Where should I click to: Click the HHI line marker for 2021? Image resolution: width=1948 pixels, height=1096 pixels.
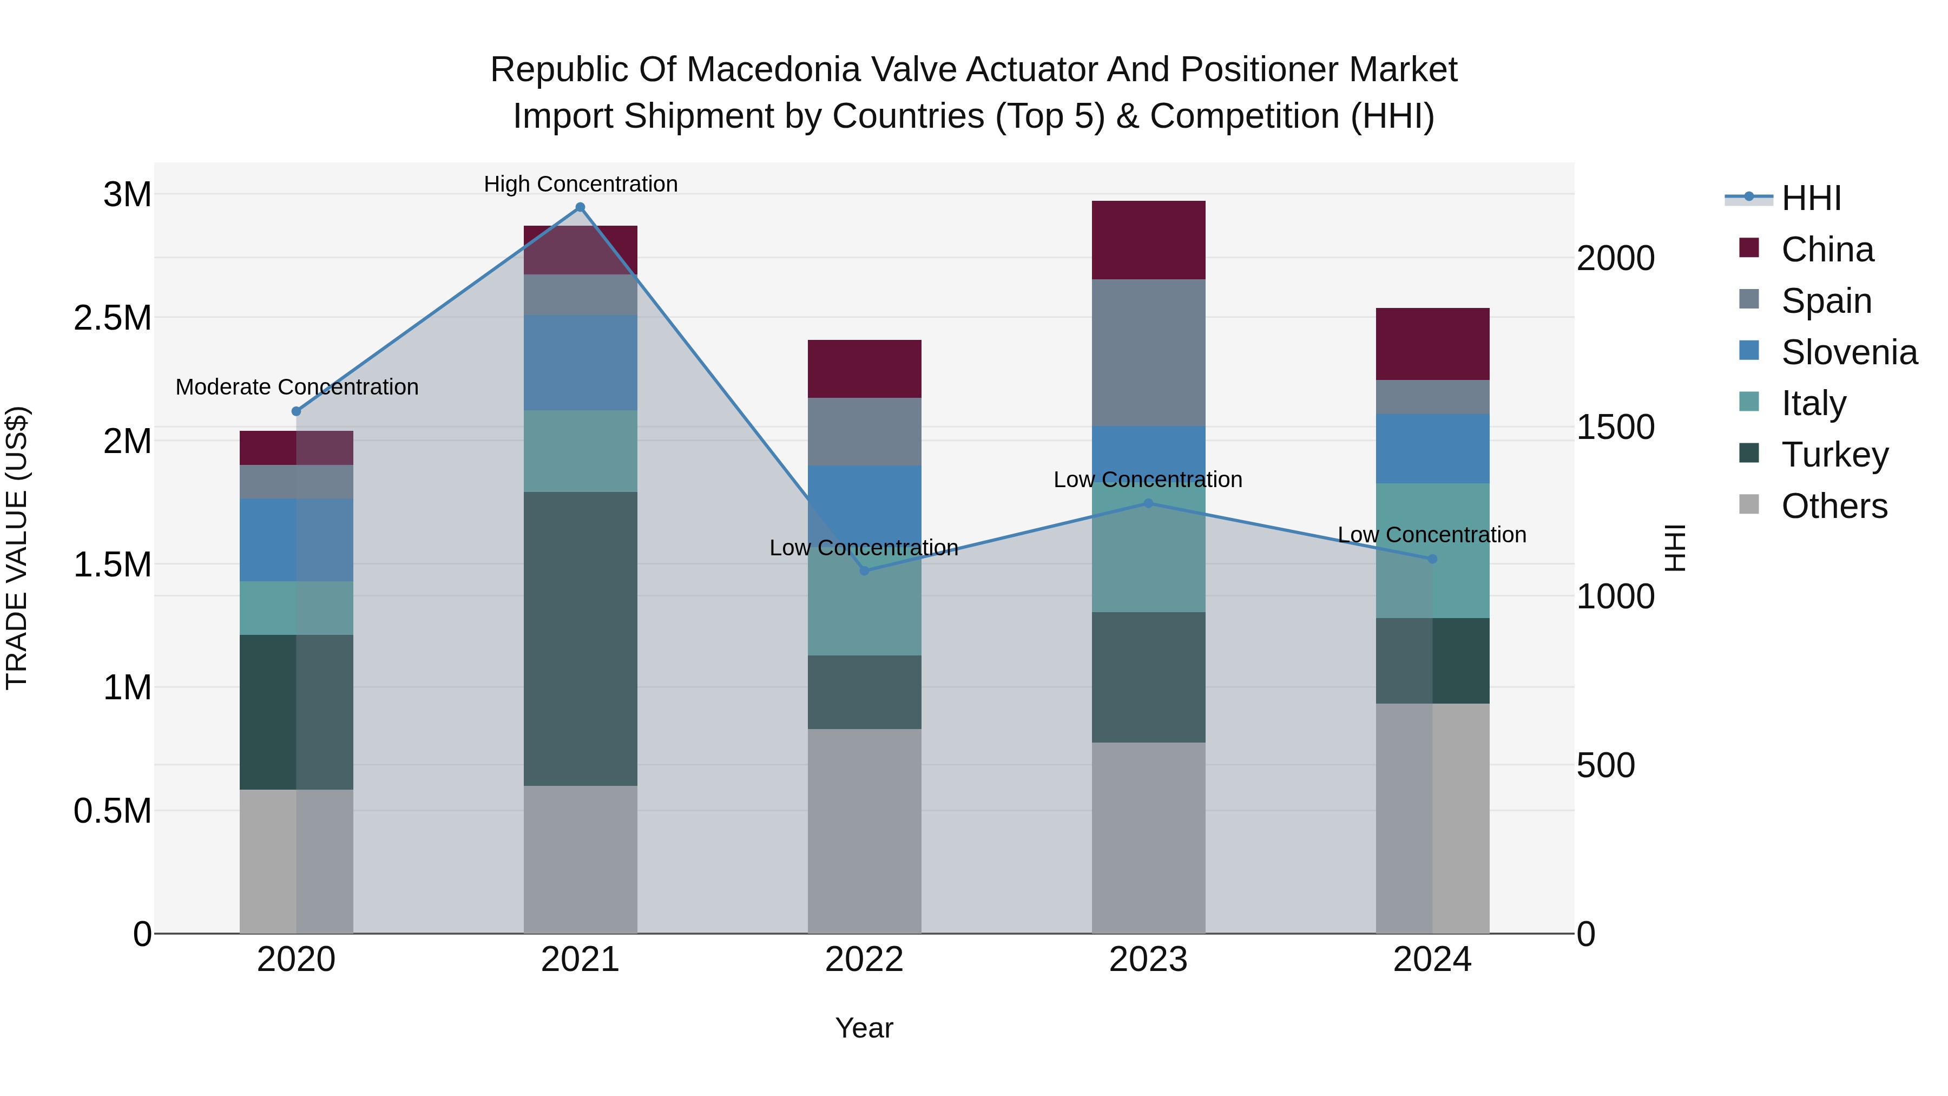pyautogui.click(x=580, y=207)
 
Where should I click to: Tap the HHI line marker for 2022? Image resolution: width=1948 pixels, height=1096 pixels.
pyautogui.click(x=864, y=570)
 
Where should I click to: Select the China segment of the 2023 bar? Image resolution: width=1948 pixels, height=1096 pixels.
pyautogui.click(x=1148, y=240)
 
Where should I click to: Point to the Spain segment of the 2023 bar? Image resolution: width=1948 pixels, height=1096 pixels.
pyautogui.click(x=1148, y=352)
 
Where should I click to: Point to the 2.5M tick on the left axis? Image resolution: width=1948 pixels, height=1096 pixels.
pyautogui.click(x=112, y=318)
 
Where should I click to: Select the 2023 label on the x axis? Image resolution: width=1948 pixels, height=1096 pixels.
pyautogui.click(x=1148, y=959)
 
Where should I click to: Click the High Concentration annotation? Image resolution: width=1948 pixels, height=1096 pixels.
pyautogui.click(x=580, y=184)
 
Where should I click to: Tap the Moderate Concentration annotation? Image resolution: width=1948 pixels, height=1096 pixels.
pyautogui.click(x=297, y=386)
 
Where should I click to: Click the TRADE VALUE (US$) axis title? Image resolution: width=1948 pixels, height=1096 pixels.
pyautogui.click(x=17, y=548)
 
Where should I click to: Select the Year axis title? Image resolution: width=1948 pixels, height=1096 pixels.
pyautogui.click(x=864, y=1028)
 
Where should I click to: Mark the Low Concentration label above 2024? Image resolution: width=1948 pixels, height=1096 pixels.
pyautogui.click(x=1431, y=535)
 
